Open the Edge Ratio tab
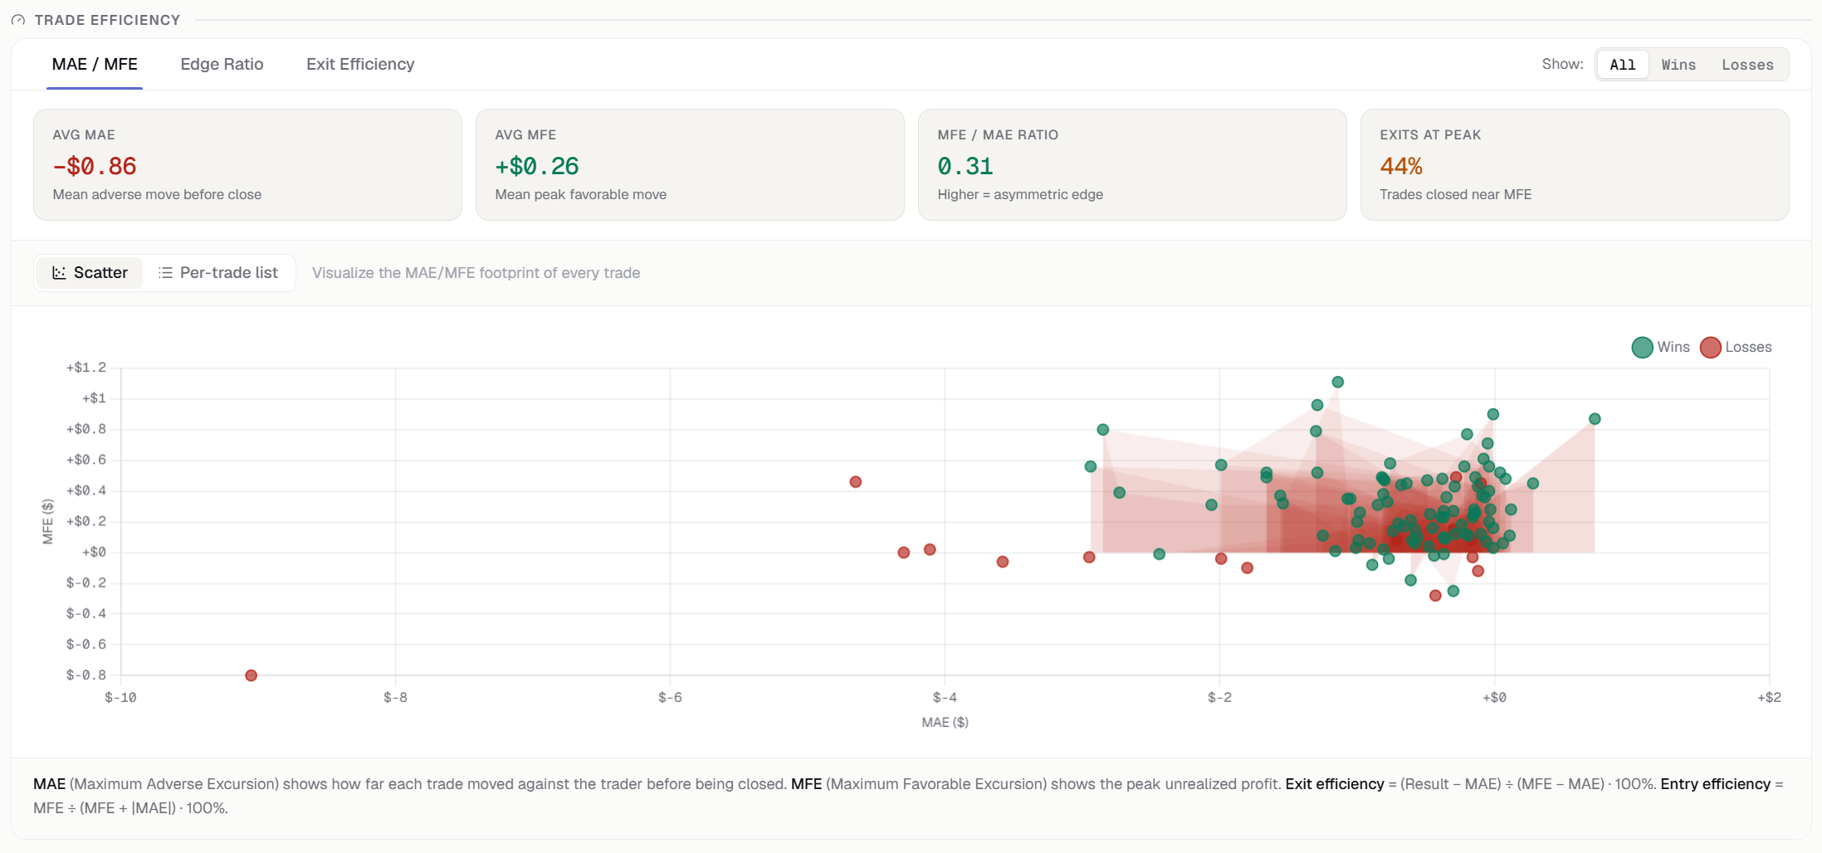(222, 64)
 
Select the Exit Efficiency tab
(360, 64)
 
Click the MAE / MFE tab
(95, 64)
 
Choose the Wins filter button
(1678, 65)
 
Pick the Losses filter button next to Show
(1747, 65)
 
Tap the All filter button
(1623, 65)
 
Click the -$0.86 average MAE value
(95, 166)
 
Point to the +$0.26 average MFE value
(537, 166)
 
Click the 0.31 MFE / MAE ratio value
(965, 166)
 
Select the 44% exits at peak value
(1401, 166)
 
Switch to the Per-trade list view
(218, 273)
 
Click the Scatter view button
(90, 273)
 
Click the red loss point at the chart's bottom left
(252, 675)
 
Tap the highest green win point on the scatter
(1338, 383)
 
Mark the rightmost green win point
(1595, 419)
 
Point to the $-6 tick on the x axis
(670, 697)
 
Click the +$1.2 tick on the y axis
(86, 368)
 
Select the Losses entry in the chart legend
(1736, 347)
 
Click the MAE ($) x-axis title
(945, 722)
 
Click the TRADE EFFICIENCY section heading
(107, 20)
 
